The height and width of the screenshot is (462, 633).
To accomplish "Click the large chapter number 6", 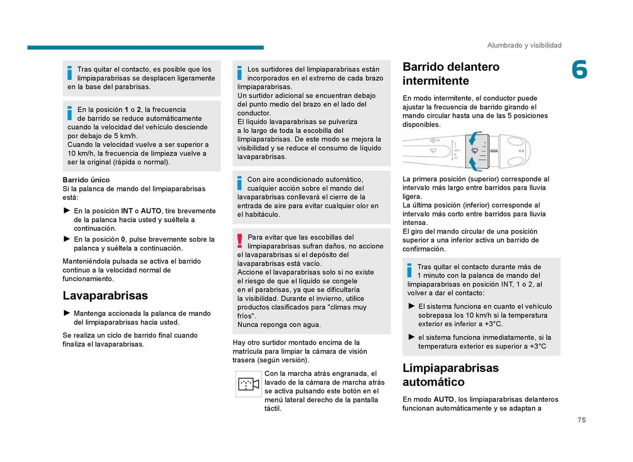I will pos(579,70).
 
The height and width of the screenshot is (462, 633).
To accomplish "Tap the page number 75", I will pos(582,420).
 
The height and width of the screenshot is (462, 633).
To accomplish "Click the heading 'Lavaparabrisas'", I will pos(105,296).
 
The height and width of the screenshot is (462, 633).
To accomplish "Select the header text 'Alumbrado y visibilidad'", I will pos(524,45).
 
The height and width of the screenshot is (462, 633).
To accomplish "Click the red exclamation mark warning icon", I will pos(240,241).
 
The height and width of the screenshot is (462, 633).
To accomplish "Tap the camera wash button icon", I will pos(248,384).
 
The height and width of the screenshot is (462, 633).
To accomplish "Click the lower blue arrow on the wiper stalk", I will pos(474,164).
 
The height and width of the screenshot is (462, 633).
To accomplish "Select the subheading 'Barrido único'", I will pos(86,180).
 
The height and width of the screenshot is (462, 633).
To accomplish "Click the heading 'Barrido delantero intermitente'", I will pos(451,73).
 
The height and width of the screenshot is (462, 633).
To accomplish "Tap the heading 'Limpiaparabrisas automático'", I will pos(450,375).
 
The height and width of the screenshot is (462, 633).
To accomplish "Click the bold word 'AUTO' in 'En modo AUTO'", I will pos(443,399).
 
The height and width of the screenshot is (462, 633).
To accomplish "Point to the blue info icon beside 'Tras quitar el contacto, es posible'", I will pos(70,73).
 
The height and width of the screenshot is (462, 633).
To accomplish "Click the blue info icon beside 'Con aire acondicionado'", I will pos(239,183).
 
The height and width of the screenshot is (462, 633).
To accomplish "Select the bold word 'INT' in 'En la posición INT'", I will pos(127,211).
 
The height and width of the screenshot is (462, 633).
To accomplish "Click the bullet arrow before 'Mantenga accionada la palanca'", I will pos(67,313).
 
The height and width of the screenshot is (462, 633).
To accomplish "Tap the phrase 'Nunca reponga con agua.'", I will pos(279,325).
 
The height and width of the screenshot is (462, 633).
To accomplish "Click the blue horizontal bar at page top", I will pos(145,47).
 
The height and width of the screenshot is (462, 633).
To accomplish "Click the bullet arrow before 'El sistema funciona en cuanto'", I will pos(411,306).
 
